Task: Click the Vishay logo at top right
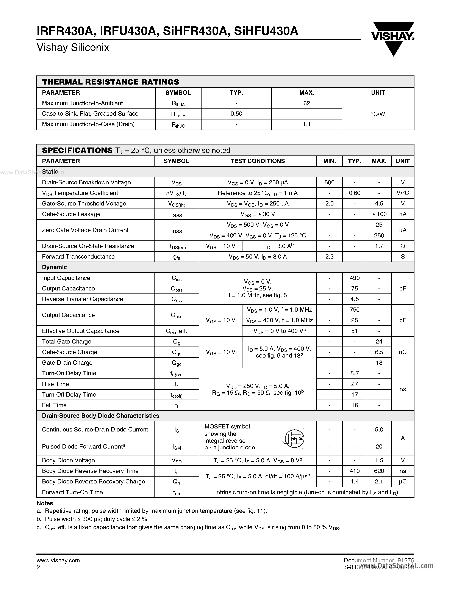click(x=393, y=38)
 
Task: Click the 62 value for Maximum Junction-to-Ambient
click(x=307, y=103)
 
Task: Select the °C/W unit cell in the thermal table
click(x=378, y=114)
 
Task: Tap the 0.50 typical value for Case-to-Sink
click(x=236, y=114)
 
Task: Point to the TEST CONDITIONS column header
click(x=258, y=161)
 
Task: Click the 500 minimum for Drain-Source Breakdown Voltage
click(x=329, y=182)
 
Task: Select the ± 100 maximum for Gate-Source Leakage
click(x=379, y=214)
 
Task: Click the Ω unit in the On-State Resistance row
click(x=403, y=246)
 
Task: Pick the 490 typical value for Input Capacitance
click(x=355, y=278)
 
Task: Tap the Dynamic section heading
click(x=54, y=267)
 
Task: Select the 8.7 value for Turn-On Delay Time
click(x=355, y=373)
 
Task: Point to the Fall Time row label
click(x=54, y=405)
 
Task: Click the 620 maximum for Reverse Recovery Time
click(x=379, y=471)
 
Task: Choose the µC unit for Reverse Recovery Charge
click(x=403, y=481)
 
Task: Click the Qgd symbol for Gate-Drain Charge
click(x=177, y=363)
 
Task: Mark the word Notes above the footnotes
click(x=45, y=503)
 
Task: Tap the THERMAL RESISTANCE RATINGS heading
click(x=110, y=82)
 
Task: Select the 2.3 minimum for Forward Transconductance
click(x=329, y=257)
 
